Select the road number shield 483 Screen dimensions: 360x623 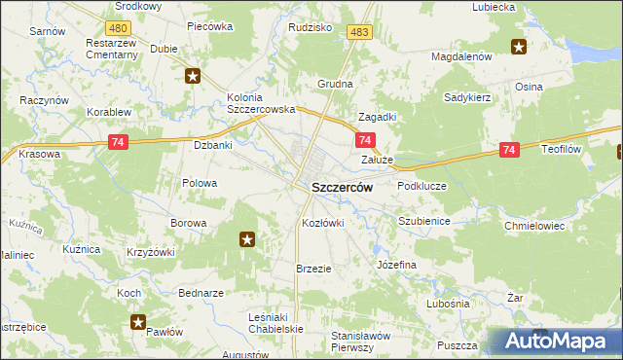[358, 33]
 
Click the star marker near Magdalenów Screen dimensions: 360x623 [519, 47]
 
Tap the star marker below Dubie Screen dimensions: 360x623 [193, 75]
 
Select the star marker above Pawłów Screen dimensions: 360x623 [138, 322]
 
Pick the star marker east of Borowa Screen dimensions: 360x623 [247, 238]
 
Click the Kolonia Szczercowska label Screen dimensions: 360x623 [260, 103]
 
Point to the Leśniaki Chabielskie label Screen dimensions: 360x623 [276, 322]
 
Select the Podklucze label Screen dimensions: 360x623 [421, 185]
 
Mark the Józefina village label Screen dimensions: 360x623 [396, 265]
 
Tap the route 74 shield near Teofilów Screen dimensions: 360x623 [509, 150]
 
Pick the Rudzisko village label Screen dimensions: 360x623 [311, 27]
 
